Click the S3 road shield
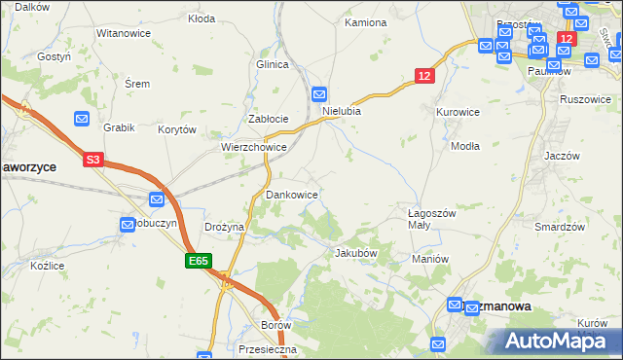click(92, 160)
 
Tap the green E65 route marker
click(199, 261)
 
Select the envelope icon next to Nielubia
click(319, 94)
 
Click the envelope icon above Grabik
click(82, 118)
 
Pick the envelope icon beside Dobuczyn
click(128, 225)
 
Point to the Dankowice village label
click(292, 195)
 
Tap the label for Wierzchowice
click(253, 148)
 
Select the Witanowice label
click(122, 33)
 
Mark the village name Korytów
click(178, 128)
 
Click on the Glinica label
click(274, 64)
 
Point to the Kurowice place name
click(458, 112)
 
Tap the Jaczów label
click(563, 156)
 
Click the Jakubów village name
click(355, 253)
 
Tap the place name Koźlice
click(47, 265)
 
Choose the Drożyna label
click(224, 227)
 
